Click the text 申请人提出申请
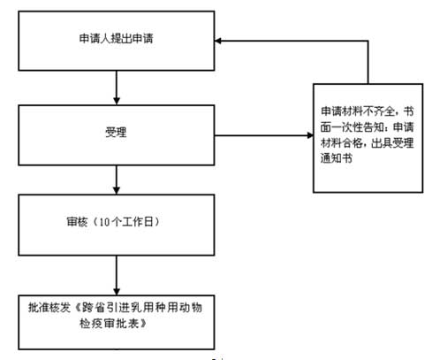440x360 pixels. [x=116, y=39]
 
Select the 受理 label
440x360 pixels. [x=116, y=132]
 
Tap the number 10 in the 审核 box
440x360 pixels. [x=104, y=222]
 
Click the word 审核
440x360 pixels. [x=77, y=222]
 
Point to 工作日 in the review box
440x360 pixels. [x=138, y=222]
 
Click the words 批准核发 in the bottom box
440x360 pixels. [x=49, y=308]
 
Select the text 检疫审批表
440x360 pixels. [x=110, y=324]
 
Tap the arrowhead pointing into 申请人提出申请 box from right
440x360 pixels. [x=218, y=41]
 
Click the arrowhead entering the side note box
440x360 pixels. [x=310, y=135]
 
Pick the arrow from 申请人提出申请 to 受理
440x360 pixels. [x=117, y=88]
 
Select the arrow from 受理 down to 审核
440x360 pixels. [x=117, y=180]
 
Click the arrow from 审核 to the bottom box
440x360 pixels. [x=117, y=275]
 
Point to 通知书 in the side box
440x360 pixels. [x=337, y=158]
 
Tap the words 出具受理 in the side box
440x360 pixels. [x=392, y=143]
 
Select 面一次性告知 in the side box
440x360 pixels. [x=353, y=127]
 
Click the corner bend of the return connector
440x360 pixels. [x=368, y=41]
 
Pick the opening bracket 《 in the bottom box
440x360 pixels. [x=77, y=308]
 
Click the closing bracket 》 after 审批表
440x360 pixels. [x=143, y=324]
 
